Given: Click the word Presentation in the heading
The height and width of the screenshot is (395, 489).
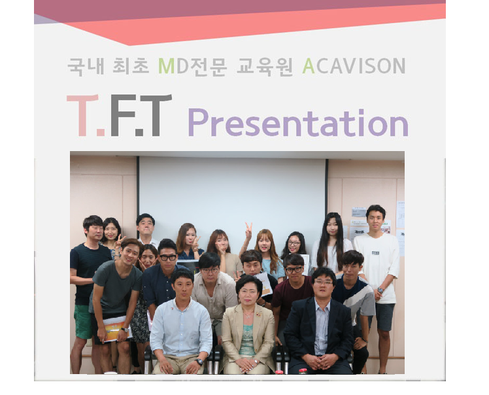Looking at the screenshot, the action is pyautogui.click(x=298, y=122).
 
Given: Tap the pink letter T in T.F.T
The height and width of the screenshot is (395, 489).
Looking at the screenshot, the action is pyautogui.click(x=82, y=116).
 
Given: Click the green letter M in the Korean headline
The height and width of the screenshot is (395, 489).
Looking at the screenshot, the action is pyautogui.click(x=166, y=65).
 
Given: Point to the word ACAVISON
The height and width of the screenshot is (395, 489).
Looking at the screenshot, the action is pyautogui.click(x=354, y=65).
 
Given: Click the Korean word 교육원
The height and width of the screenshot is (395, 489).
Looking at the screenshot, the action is pyautogui.click(x=265, y=66).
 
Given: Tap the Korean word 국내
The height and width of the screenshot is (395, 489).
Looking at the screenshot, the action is pyautogui.click(x=86, y=66).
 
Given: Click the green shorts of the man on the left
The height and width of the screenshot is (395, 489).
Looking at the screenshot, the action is pyautogui.click(x=82, y=321).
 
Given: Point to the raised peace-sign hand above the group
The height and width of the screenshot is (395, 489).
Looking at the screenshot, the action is pyautogui.click(x=248, y=230).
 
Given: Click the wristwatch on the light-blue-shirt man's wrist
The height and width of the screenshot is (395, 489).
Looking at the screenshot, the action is pyautogui.click(x=199, y=362).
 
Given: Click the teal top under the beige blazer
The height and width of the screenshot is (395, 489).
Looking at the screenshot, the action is pyautogui.click(x=247, y=340).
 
